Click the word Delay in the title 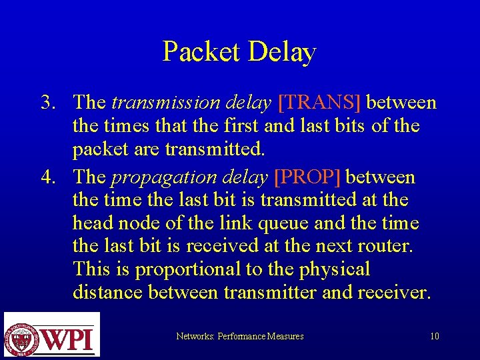point(281,52)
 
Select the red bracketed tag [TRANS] point(319,103)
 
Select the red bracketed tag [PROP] point(308,177)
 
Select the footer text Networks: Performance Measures point(239,337)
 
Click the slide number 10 point(434,337)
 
